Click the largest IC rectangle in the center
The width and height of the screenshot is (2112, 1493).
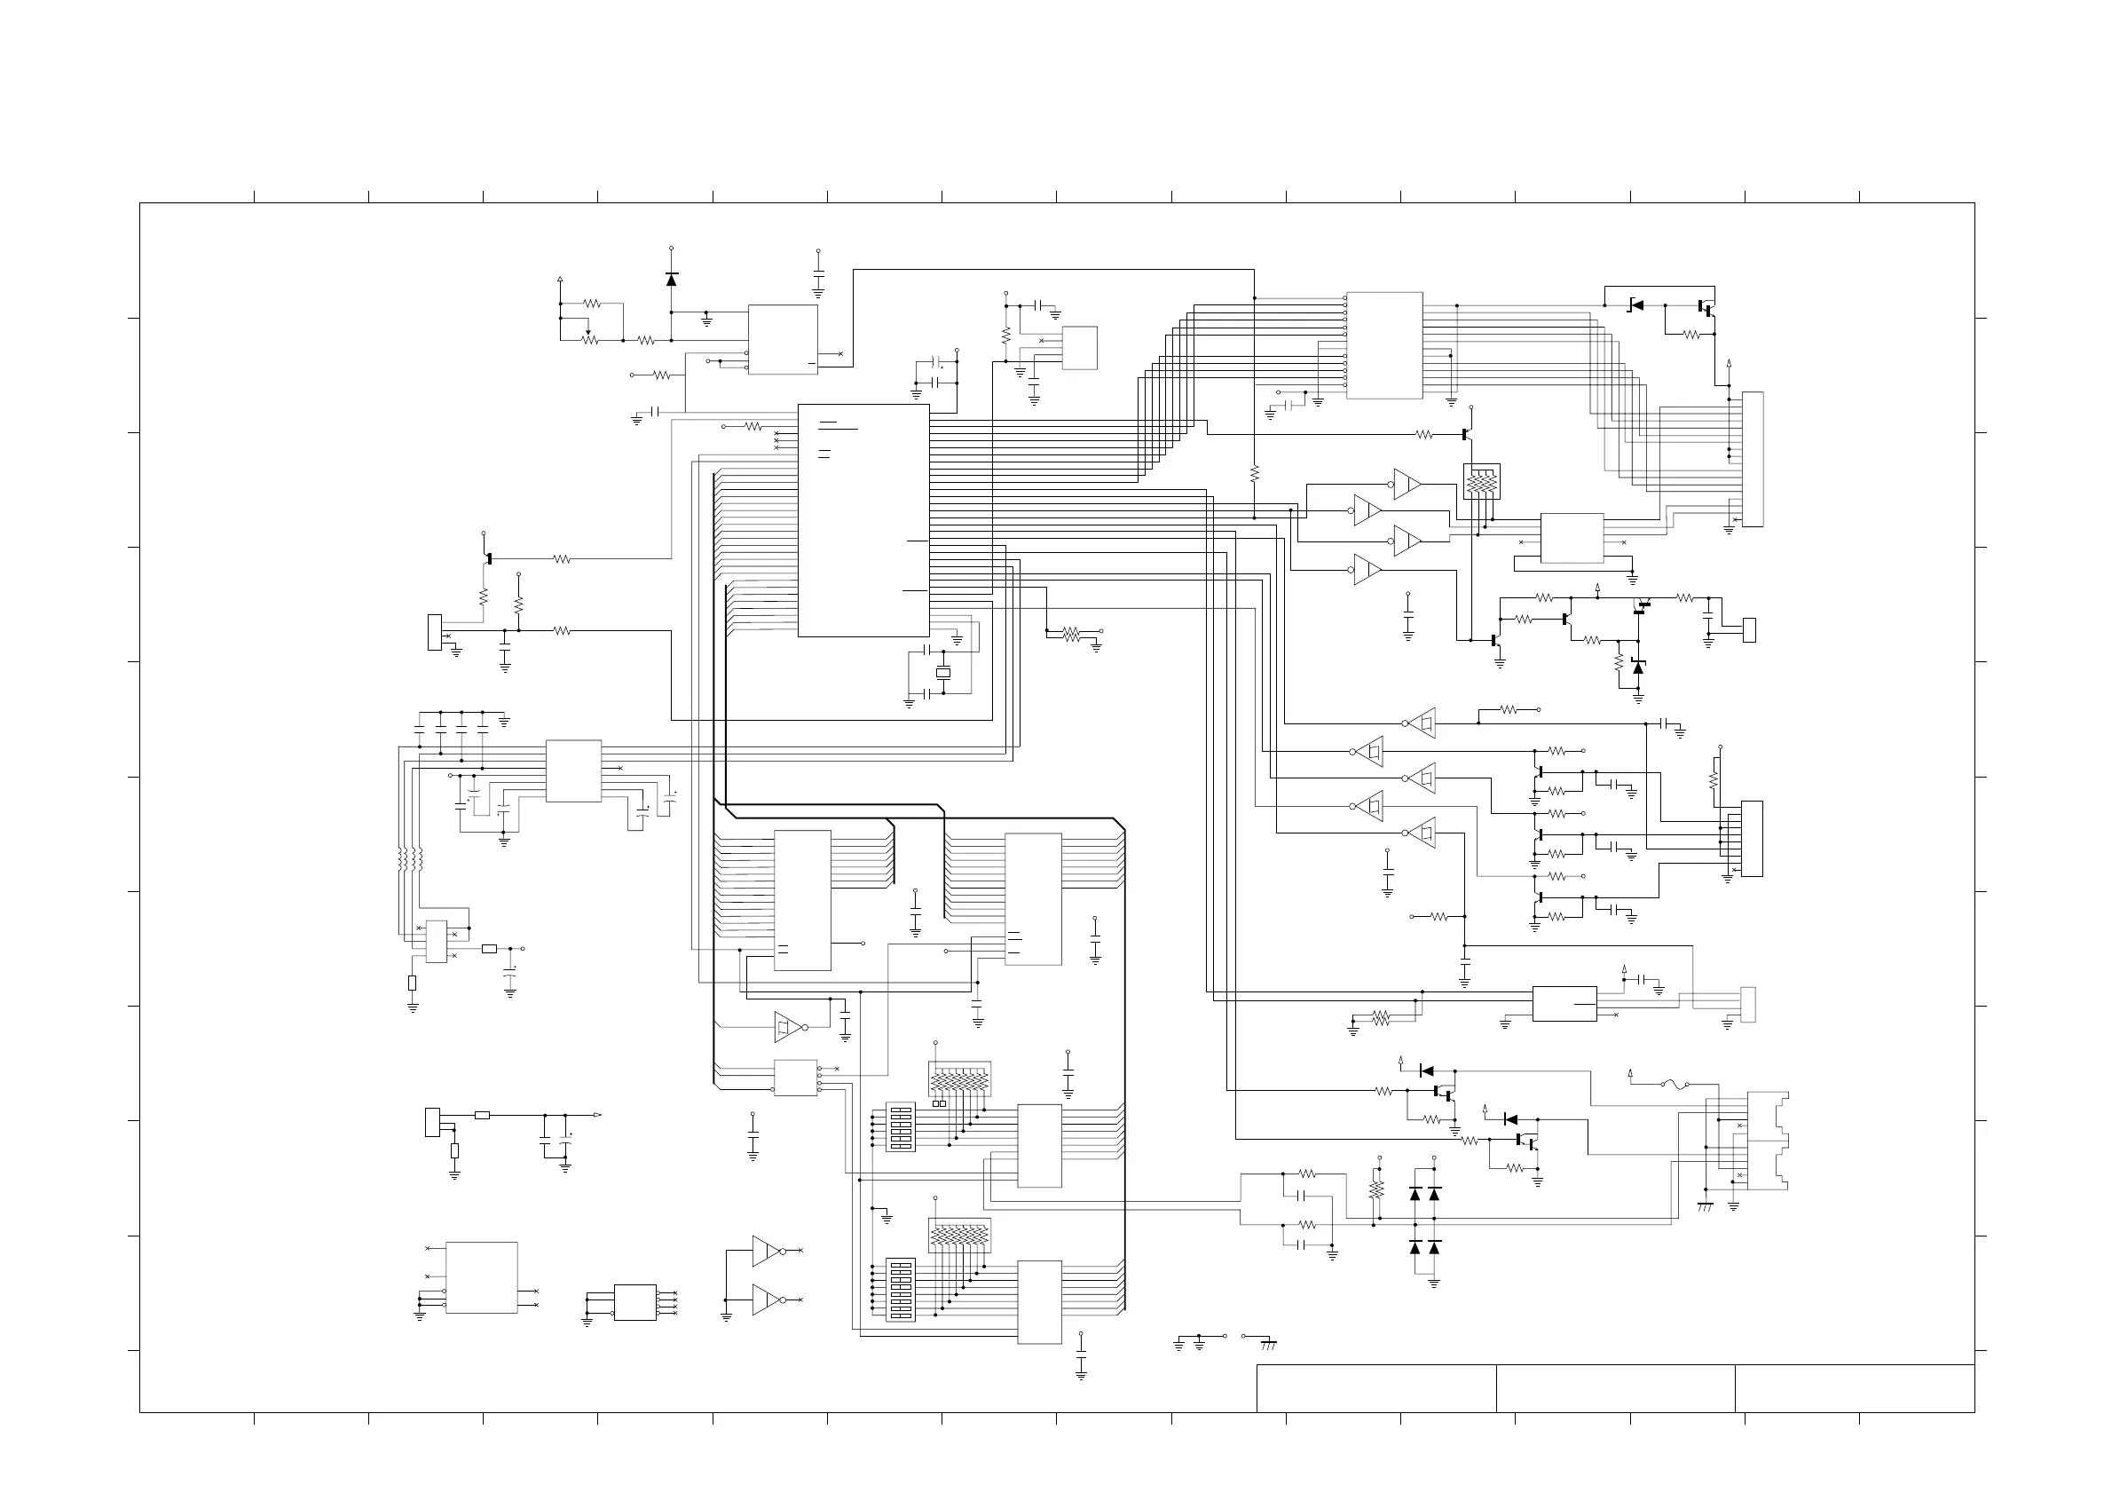863,520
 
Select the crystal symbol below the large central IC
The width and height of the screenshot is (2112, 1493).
942,674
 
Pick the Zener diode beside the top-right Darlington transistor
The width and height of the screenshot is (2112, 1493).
1635,305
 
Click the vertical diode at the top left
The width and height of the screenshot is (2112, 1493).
671,279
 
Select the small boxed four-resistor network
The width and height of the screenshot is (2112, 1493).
1481,481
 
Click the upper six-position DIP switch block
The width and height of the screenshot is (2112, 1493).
901,1127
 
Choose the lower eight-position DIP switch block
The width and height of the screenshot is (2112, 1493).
901,1290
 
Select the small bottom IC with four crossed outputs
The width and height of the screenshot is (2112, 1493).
634,1301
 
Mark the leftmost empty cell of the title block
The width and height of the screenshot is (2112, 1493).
1376,1388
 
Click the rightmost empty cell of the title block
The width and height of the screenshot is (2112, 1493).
1854,1388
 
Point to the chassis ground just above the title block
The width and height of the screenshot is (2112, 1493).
1268,1344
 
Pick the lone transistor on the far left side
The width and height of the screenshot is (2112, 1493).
487,558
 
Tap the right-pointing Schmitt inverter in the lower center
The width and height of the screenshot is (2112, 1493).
787,1027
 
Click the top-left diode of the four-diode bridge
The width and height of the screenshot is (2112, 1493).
1415,1194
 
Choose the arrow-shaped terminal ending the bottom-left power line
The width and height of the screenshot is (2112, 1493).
597,1115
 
